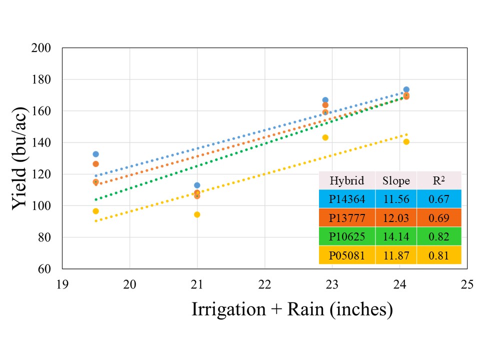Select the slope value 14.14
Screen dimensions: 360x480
click(x=396, y=237)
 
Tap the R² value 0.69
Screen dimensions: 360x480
click(x=438, y=218)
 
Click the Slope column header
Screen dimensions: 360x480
click(x=396, y=180)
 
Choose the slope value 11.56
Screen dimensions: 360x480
click(x=396, y=199)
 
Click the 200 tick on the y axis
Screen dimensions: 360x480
click(x=45, y=48)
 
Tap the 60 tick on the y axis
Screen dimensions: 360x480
click(x=47, y=269)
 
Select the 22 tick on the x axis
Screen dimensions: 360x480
click(x=264, y=284)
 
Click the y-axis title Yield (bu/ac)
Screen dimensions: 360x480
click(x=23, y=158)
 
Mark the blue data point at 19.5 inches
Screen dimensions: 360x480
click(x=95, y=154)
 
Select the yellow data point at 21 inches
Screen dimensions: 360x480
click(x=197, y=214)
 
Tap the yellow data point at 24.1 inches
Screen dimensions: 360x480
click(x=406, y=141)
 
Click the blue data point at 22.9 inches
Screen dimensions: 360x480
click(x=325, y=100)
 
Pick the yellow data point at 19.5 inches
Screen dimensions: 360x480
click(x=95, y=211)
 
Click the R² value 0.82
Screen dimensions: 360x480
click(x=438, y=237)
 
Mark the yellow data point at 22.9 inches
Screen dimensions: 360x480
click(x=325, y=137)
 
